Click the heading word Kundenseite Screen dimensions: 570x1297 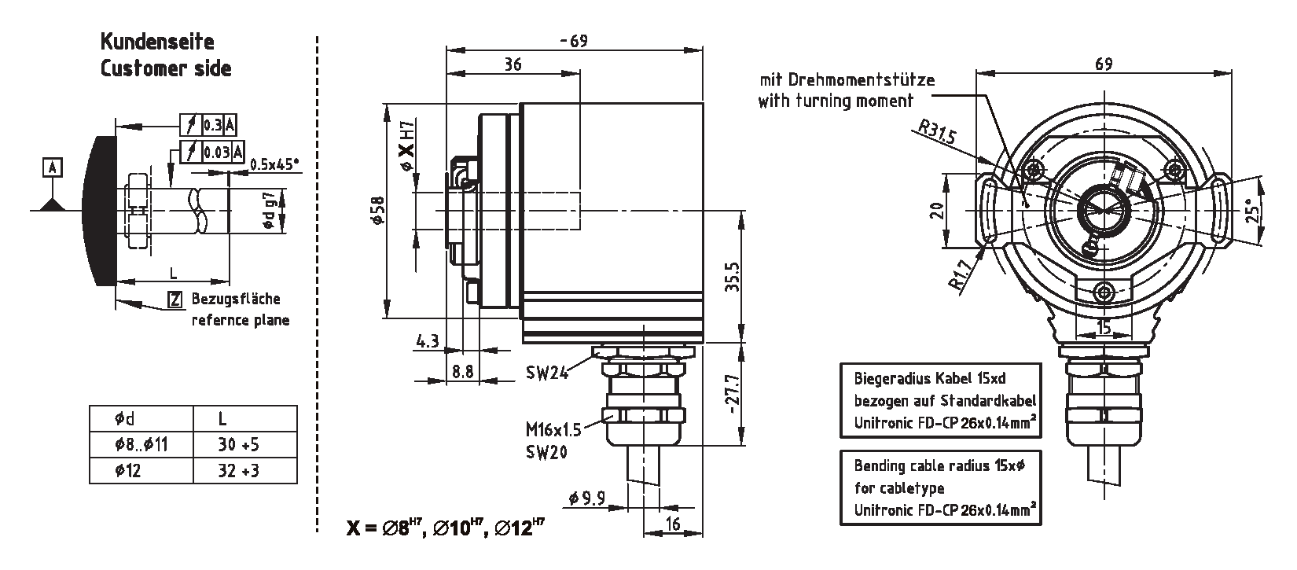(156, 42)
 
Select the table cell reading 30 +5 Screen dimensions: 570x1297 (238, 445)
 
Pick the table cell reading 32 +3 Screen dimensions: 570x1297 (238, 470)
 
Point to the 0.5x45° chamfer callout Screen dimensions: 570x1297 (275, 164)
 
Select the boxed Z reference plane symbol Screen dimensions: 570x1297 (175, 299)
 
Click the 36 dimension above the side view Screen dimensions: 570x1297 (513, 65)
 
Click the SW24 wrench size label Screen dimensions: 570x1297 (547, 373)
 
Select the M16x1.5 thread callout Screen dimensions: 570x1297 (553, 430)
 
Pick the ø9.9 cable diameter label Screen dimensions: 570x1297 (585, 498)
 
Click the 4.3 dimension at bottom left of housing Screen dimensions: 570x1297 (426, 341)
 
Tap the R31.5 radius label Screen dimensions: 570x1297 (936, 134)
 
